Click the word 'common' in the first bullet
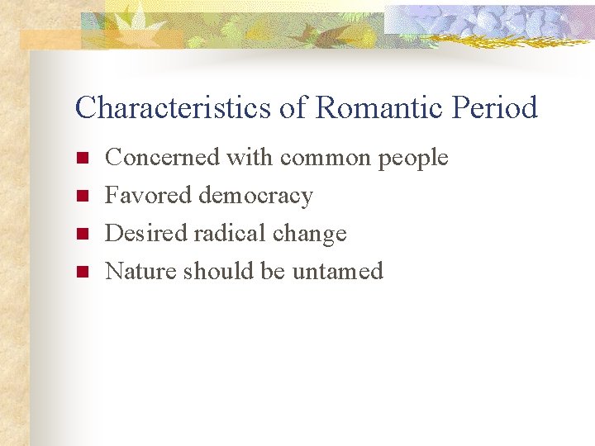(x=326, y=158)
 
